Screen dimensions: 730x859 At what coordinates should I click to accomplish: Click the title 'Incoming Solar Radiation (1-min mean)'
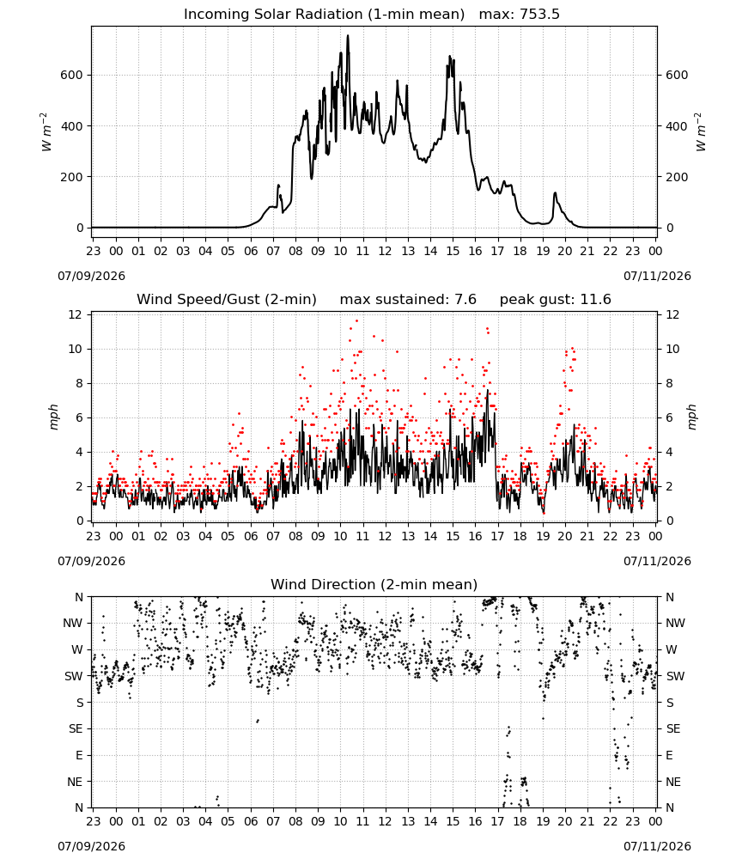(x=324, y=15)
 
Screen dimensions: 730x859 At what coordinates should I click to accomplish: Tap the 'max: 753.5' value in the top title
(x=520, y=15)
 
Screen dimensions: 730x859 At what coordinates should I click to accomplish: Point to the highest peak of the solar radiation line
(x=348, y=36)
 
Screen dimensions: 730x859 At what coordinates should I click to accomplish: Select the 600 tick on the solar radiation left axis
(x=72, y=75)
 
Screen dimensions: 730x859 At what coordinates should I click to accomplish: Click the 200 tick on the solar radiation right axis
(x=677, y=177)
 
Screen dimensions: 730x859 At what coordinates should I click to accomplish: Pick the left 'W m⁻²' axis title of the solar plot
(x=46, y=132)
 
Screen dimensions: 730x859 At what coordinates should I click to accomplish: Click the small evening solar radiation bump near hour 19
(x=555, y=193)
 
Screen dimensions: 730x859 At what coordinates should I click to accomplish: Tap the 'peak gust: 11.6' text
(x=556, y=300)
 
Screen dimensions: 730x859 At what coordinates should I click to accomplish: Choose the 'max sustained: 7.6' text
(x=408, y=300)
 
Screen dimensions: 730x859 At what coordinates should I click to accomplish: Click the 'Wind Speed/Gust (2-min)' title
(x=227, y=300)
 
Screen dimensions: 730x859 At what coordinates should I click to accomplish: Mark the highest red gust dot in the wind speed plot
(x=356, y=320)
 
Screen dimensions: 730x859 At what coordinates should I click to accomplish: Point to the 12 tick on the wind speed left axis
(x=76, y=314)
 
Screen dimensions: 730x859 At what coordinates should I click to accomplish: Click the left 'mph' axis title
(x=53, y=417)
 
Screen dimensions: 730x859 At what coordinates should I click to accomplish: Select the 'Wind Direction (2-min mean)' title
(x=374, y=584)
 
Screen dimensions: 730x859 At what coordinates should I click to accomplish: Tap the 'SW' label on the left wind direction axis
(x=74, y=676)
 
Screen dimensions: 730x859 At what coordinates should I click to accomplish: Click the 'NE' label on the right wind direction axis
(x=673, y=782)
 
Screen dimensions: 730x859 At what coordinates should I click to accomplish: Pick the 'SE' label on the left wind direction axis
(x=76, y=728)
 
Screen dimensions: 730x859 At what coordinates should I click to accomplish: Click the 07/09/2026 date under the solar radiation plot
(x=91, y=276)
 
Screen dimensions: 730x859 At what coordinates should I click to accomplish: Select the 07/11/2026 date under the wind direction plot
(x=657, y=846)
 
